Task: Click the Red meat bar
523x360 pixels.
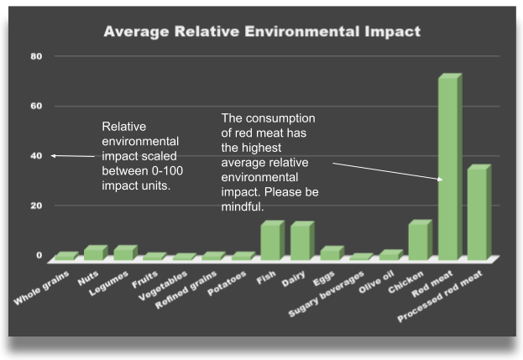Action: pyautogui.click(x=447, y=168)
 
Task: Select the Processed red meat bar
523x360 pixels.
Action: pyautogui.click(x=477, y=213)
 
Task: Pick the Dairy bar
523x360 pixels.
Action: pyautogui.click(x=300, y=241)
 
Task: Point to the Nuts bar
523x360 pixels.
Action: pyautogui.click(x=94, y=253)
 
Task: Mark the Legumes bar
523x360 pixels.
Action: pyautogui.click(x=123, y=253)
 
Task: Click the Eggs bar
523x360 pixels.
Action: pyautogui.click(x=329, y=253)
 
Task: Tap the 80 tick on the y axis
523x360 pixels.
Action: pyautogui.click(x=36, y=56)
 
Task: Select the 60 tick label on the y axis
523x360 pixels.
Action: pyautogui.click(x=36, y=106)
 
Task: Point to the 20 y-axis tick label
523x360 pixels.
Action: pyautogui.click(x=36, y=206)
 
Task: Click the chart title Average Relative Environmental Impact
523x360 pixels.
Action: pyautogui.click(x=261, y=32)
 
